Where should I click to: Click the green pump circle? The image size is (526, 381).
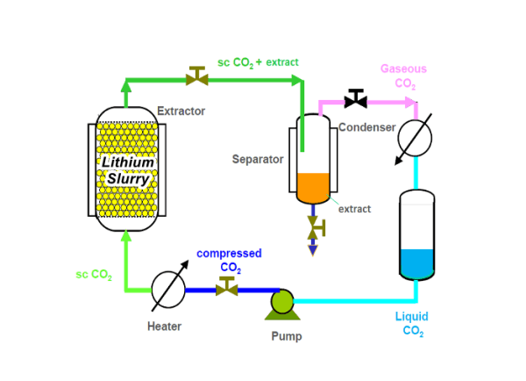(x=282, y=301)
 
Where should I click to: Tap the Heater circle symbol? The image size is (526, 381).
(x=168, y=290)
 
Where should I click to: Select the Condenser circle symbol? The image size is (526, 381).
(x=415, y=138)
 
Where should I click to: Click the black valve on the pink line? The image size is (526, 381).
(x=356, y=98)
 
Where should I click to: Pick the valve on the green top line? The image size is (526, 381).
(x=197, y=75)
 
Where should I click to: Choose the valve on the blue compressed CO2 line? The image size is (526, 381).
(x=227, y=286)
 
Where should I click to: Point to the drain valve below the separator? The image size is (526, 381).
(x=316, y=227)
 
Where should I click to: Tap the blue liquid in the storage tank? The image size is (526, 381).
(x=417, y=263)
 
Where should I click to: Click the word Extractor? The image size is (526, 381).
(x=181, y=111)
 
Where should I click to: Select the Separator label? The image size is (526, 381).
(x=258, y=159)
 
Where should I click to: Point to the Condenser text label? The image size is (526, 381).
(x=367, y=127)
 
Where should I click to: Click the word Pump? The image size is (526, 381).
(x=287, y=336)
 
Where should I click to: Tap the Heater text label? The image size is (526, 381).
(x=165, y=327)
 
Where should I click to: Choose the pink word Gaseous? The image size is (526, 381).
(x=403, y=68)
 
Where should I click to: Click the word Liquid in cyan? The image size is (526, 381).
(x=412, y=317)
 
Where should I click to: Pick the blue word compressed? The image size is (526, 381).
(x=229, y=254)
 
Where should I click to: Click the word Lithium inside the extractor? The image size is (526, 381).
(x=127, y=162)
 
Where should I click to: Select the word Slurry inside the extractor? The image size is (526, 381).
(x=128, y=179)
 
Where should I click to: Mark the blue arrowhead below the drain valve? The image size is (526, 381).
(x=313, y=250)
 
